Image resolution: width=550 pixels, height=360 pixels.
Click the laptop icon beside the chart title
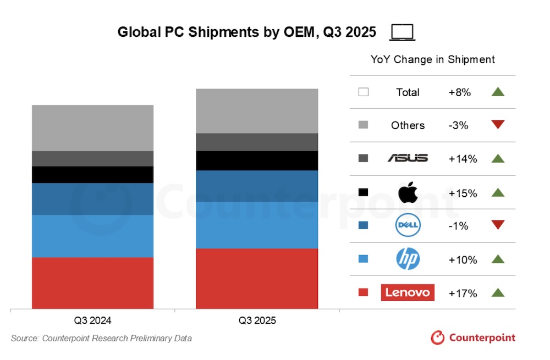point(403,33)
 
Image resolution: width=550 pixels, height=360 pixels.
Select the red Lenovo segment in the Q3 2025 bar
point(257,279)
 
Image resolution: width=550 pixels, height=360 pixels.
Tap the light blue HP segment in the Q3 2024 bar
point(92,236)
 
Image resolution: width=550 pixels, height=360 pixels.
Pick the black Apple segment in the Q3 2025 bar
point(257,160)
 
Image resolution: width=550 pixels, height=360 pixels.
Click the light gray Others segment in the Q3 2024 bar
point(92,128)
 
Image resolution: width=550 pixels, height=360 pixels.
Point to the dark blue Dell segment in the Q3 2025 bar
point(257,186)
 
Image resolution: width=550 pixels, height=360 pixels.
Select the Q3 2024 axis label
point(92,320)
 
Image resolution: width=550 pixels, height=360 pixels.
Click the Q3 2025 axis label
point(257,320)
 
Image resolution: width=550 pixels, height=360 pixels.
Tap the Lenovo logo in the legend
point(408,292)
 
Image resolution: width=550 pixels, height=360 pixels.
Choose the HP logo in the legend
point(408,259)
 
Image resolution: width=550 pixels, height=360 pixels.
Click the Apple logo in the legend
point(408,192)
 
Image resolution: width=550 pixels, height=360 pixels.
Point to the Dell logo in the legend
point(408,225)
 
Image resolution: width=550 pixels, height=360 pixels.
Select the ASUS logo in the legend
point(408,158)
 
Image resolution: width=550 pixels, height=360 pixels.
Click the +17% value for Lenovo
point(463,293)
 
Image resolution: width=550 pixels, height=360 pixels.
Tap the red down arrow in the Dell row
point(498,225)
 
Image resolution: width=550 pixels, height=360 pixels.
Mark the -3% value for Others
point(458,125)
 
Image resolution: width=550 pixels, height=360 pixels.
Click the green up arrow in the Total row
point(498,92)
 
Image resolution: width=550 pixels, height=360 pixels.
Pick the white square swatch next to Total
point(363,92)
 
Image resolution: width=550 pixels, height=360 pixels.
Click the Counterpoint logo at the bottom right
point(473,337)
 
